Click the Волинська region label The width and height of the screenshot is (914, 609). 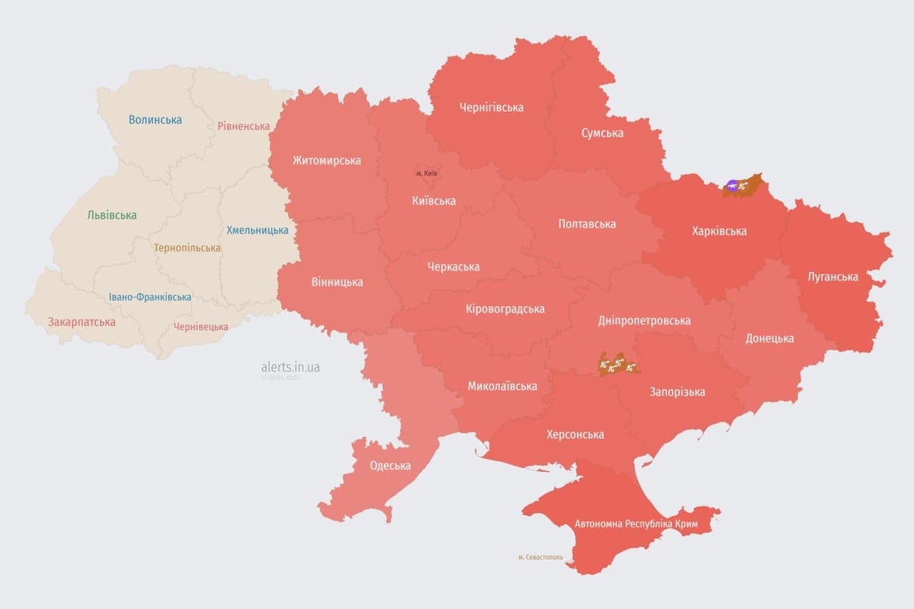[x=155, y=120]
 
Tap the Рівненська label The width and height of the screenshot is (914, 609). [x=244, y=126]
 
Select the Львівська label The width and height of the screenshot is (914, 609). [x=112, y=215]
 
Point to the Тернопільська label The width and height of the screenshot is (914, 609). [x=187, y=247]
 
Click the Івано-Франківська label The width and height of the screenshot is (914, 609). [x=150, y=297]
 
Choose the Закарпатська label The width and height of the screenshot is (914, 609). [x=82, y=322]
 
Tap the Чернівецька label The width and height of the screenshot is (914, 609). [x=201, y=327]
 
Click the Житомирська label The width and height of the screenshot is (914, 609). [x=326, y=160]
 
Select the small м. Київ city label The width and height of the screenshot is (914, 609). [x=426, y=173]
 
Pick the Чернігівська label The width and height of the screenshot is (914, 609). [x=491, y=107]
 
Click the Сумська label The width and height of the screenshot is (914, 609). [x=602, y=132]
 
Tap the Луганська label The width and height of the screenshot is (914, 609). [x=832, y=277]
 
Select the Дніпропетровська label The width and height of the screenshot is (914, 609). [x=643, y=320]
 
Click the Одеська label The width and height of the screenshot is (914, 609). [x=390, y=465]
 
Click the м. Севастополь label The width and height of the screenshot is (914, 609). [x=541, y=557]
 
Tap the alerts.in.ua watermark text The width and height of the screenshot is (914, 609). [x=290, y=367]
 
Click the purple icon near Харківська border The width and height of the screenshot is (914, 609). [x=732, y=186]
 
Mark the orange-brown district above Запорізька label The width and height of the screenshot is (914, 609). [x=619, y=365]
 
